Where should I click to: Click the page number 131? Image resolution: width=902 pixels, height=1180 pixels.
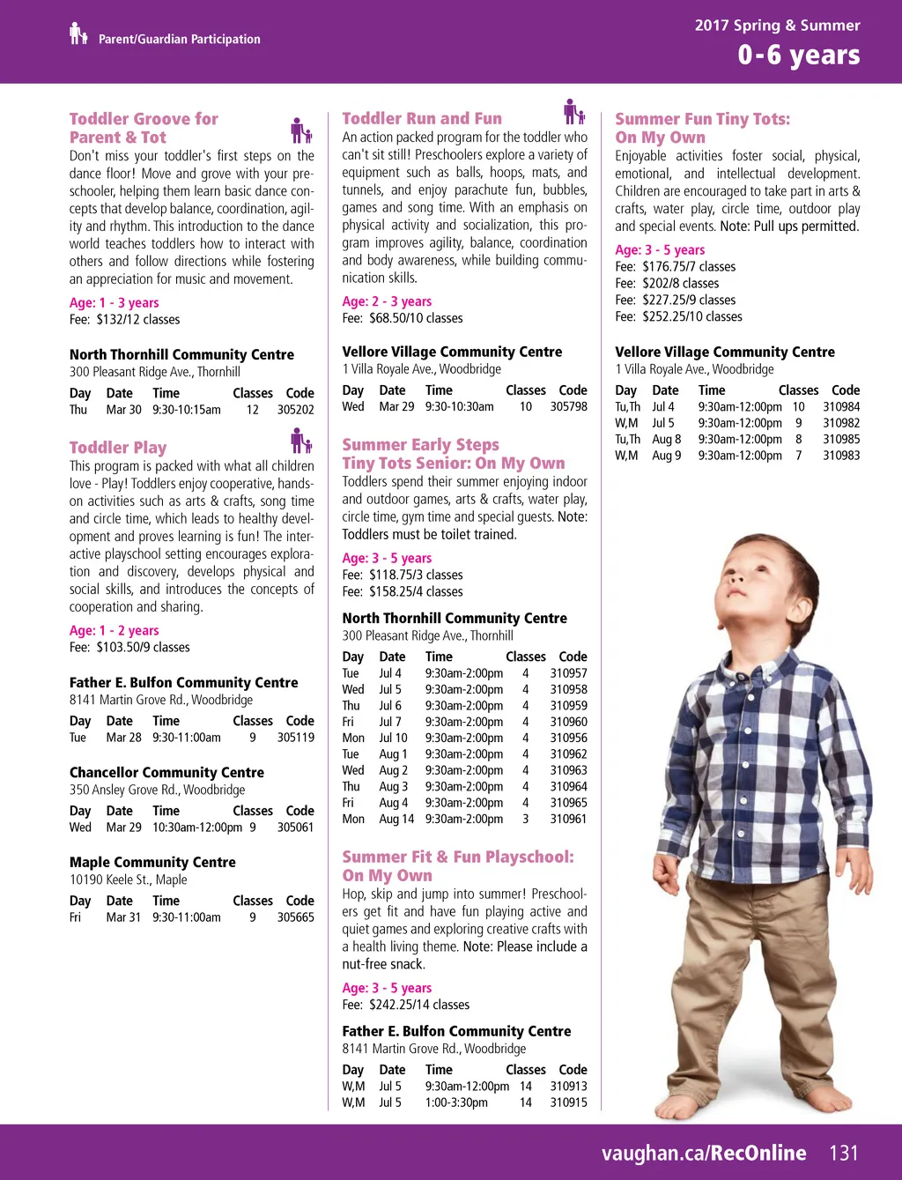pyautogui.click(x=843, y=1153)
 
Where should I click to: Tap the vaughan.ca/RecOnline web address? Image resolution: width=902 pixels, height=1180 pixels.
pyautogui.click(x=704, y=1153)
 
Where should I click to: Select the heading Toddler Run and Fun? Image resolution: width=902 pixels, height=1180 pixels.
pyautogui.click(x=422, y=118)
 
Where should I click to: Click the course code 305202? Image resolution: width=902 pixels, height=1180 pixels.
pyautogui.click(x=296, y=410)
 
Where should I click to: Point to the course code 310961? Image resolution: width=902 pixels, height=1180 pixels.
pyautogui.click(x=569, y=820)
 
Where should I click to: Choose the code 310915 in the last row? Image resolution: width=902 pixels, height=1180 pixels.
pyautogui.click(x=569, y=1102)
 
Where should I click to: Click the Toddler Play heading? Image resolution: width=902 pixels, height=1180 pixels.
pyautogui.click(x=118, y=447)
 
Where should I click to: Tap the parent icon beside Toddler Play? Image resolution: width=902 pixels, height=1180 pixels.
pyautogui.click(x=301, y=441)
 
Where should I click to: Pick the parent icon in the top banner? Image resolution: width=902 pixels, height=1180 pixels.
pyautogui.click(x=78, y=34)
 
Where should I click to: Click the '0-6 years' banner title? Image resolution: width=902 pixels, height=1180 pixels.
pyautogui.click(x=798, y=55)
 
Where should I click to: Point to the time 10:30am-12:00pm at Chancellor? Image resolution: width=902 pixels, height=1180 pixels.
pyautogui.click(x=197, y=827)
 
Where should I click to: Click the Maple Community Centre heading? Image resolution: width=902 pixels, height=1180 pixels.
pyautogui.click(x=152, y=862)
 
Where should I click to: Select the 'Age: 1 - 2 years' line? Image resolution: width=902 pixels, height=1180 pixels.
pyautogui.click(x=115, y=630)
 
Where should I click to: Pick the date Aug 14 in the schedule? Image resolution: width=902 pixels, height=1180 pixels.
pyautogui.click(x=396, y=820)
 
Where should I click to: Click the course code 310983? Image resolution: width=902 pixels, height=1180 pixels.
pyautogui.click(x=841, y=456)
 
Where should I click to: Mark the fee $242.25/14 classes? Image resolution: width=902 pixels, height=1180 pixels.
pyautogui.click(x=406, y=1005)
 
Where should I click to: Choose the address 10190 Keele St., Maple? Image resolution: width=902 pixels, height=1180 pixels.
pyautogui.click(x=129, y=879)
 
